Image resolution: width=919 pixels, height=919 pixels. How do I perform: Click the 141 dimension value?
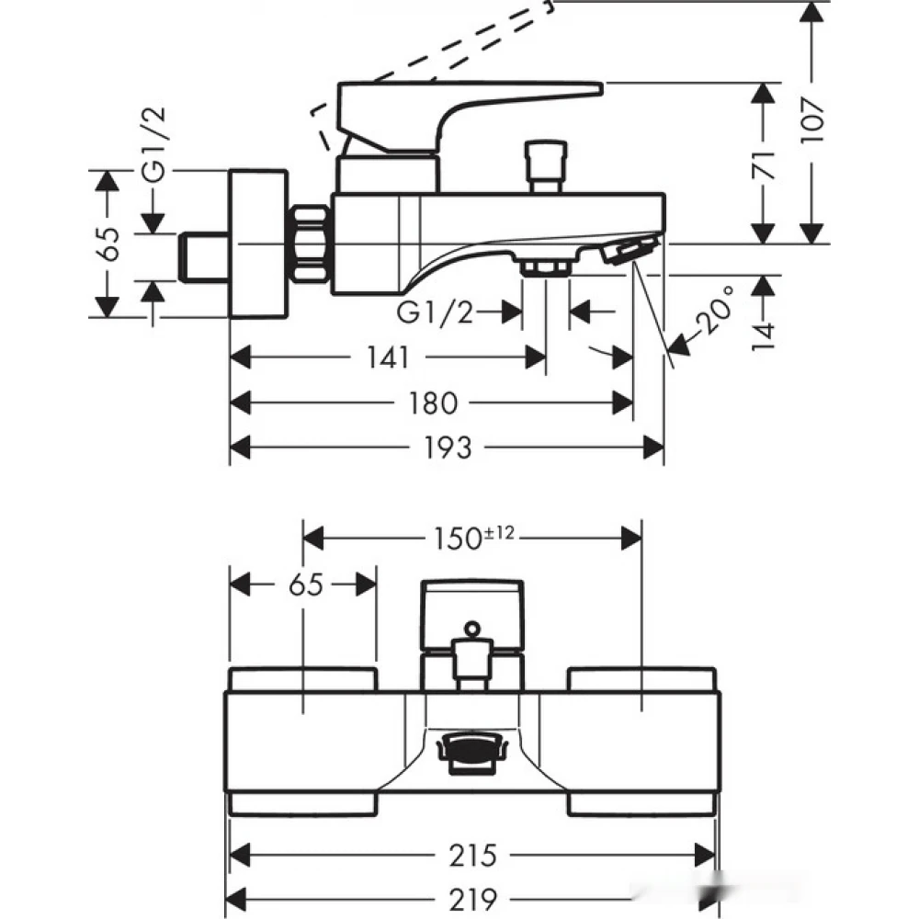click(388, 357)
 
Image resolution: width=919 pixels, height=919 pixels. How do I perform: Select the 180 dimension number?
click(433, 403)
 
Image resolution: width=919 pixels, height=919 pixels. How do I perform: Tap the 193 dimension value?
click(448, 448)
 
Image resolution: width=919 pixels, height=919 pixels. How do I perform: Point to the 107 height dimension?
click(812, 121)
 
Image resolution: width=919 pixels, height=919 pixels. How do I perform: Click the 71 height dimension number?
click(763, 165)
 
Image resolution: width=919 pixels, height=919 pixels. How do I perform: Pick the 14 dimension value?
click(763, 335)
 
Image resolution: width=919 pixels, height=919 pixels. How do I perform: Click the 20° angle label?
click(716, 310)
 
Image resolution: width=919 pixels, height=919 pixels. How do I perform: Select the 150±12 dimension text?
click(473, 538)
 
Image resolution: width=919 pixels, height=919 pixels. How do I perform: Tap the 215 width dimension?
click(472, 855)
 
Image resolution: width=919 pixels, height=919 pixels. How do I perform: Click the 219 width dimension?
click(472, 899)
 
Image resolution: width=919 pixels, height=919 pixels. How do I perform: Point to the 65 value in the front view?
click(306, 584)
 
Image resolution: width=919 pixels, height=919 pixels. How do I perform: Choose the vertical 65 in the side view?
click(108, 244)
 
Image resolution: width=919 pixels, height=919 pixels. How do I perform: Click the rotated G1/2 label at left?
click(154, 144)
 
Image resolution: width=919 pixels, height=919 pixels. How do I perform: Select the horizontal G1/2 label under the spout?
click(435, 312)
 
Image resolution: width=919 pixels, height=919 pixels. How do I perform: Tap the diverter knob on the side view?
click(546, 165)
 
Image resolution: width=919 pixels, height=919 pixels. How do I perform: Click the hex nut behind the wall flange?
click(310, 244)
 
